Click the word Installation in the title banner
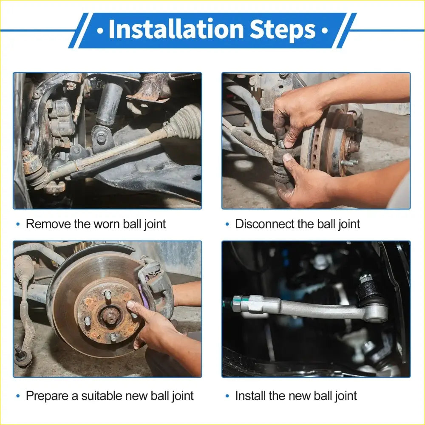coord(176,29)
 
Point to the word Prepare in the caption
coord(47,396)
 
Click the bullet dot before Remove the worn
coord(18,224)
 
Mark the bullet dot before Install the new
coord(227,396)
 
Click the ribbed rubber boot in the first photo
coord(184,121)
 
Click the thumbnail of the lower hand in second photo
coord(287,157)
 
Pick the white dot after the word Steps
coord(324,31)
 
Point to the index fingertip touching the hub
coord(130,305)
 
